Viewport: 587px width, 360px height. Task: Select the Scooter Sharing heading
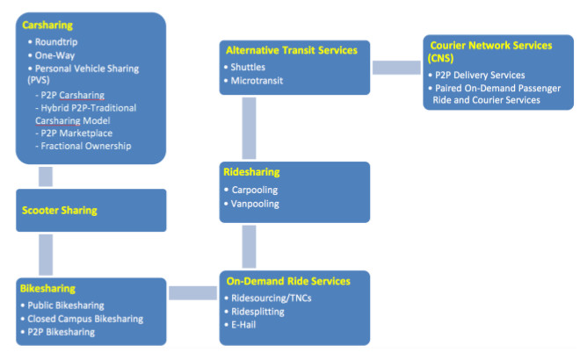(60, 211)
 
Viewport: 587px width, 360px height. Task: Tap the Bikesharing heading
(48, 288)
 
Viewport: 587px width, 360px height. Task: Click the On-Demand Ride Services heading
(288, 282)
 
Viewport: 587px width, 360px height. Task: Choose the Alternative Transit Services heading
(291, 51)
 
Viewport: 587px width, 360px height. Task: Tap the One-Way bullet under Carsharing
(53, 54)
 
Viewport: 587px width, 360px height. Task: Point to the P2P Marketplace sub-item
(79, 133)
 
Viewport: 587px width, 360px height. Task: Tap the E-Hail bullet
(246, 326)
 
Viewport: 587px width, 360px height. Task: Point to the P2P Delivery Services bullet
(481, 76)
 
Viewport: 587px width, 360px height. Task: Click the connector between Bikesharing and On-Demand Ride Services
(192, 292)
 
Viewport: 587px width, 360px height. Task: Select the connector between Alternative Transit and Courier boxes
(396, 67)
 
